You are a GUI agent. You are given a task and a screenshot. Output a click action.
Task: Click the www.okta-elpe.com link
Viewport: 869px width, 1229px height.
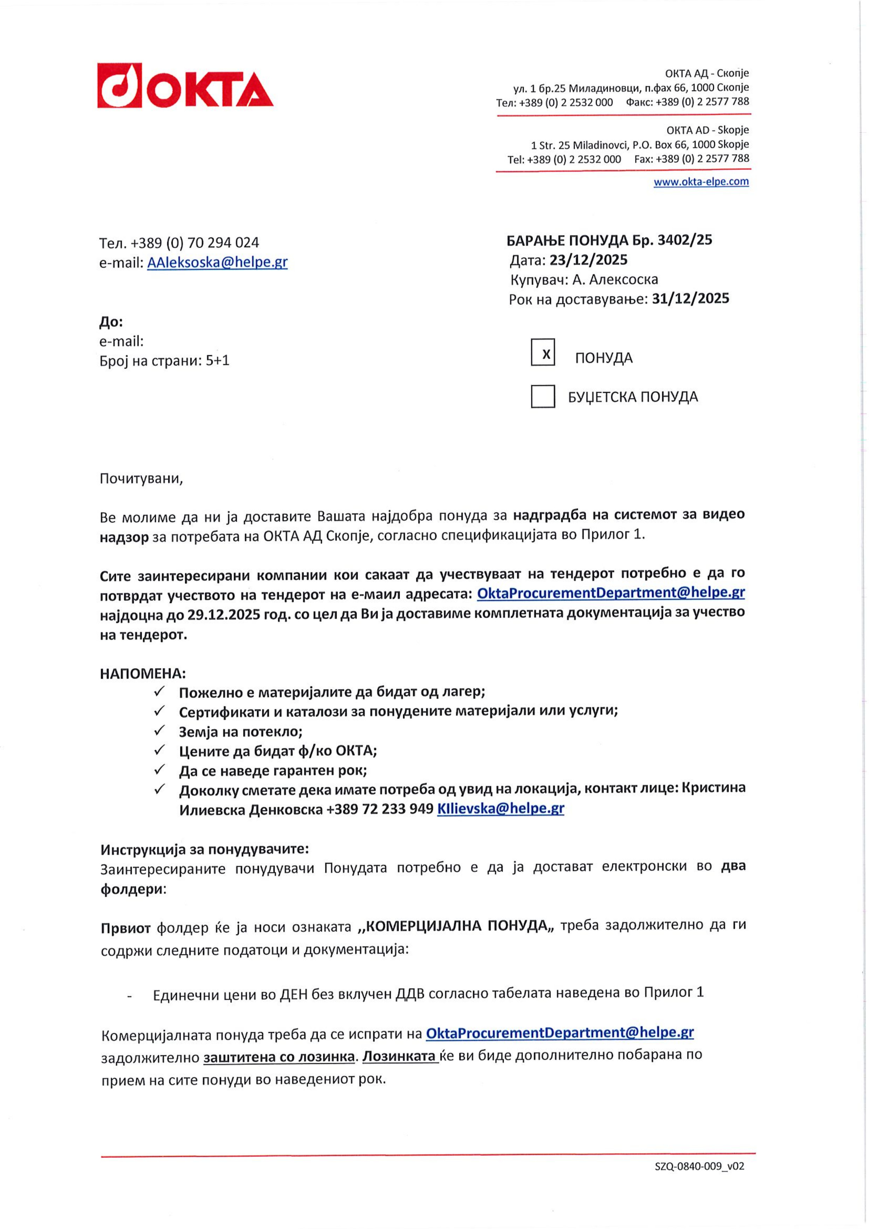pos(701,181)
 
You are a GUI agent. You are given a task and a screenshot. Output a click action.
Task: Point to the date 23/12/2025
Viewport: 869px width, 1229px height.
pos(588,260)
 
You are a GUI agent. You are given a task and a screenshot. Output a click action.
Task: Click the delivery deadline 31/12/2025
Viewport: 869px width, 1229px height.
pos(690,299)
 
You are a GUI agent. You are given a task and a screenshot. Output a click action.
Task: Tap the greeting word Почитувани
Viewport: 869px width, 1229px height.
pos(141,479)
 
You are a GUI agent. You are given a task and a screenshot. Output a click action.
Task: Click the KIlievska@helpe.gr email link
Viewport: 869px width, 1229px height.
pos(500,808)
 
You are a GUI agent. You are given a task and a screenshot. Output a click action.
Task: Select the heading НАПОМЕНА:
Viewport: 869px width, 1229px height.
pos(142,673)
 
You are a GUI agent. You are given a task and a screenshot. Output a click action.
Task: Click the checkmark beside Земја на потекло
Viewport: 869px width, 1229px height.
pos(159,731)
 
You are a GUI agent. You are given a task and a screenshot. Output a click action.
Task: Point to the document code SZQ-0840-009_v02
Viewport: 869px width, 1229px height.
pos(699,1166)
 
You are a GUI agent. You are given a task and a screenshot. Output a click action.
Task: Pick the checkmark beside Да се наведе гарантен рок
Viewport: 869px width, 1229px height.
pos(159,770)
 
